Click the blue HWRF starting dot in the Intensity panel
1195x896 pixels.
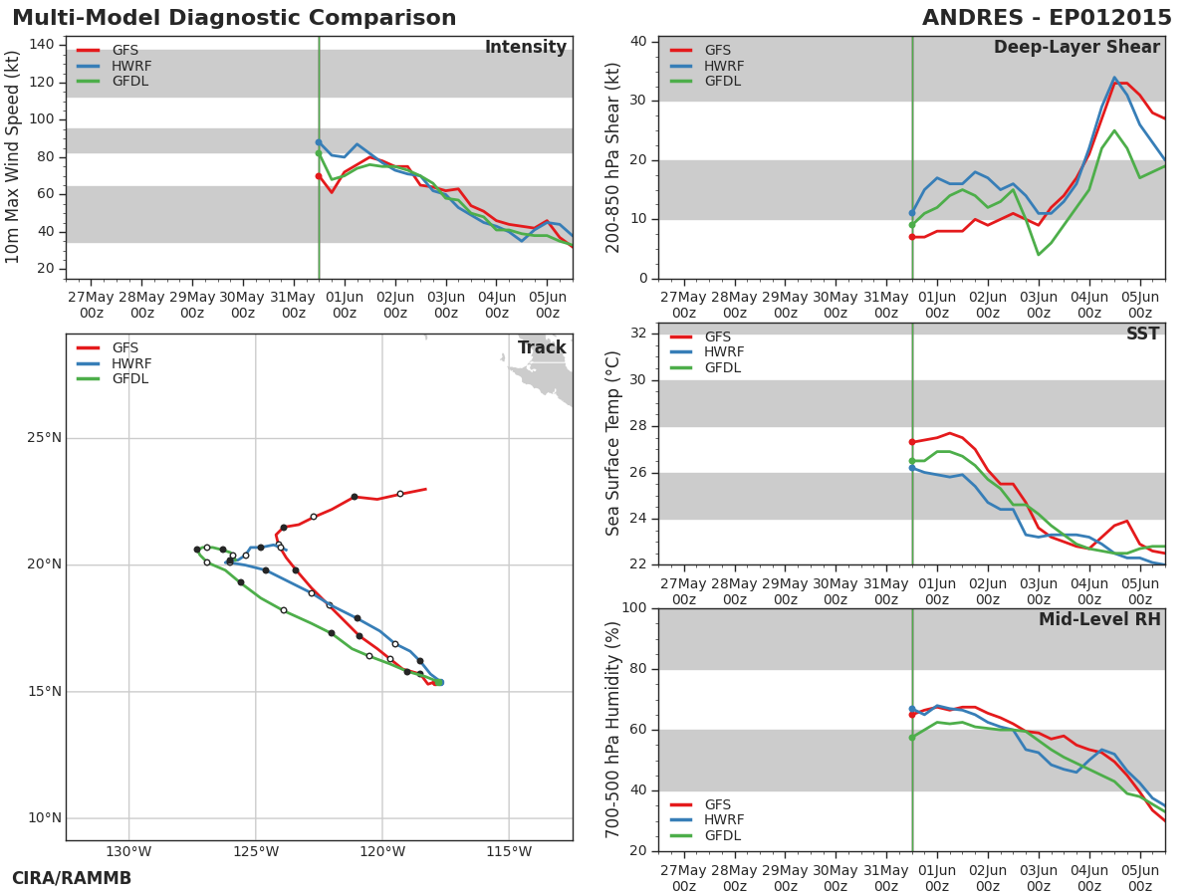pos(319,142)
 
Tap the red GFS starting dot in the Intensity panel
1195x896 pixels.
pos(319,176)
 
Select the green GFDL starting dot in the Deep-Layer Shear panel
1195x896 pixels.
pos(912,225)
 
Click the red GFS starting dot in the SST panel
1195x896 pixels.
pos(912,442)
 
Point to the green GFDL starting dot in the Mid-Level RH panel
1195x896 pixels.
pos(912,738)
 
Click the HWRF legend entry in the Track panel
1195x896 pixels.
pos(115,363)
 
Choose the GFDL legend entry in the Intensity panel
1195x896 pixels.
pos(113,81)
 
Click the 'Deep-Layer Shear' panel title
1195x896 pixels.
pos(1076,48)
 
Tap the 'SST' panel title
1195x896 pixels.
pos(1143,334)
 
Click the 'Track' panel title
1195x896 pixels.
pos(542,347)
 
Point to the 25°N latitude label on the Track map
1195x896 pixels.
pos(44,438)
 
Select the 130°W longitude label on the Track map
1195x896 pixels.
pos(128,851)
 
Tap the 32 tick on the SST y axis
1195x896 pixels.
pos(638,333)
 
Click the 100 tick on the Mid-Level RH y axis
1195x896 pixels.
pos(634,607)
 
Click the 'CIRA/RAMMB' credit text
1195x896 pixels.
pos(72,878)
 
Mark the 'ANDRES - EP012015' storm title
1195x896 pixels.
pos(1047,18)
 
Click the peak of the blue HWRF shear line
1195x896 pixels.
pos(1114,78)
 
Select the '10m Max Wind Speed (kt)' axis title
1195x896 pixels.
pos(11,157)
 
